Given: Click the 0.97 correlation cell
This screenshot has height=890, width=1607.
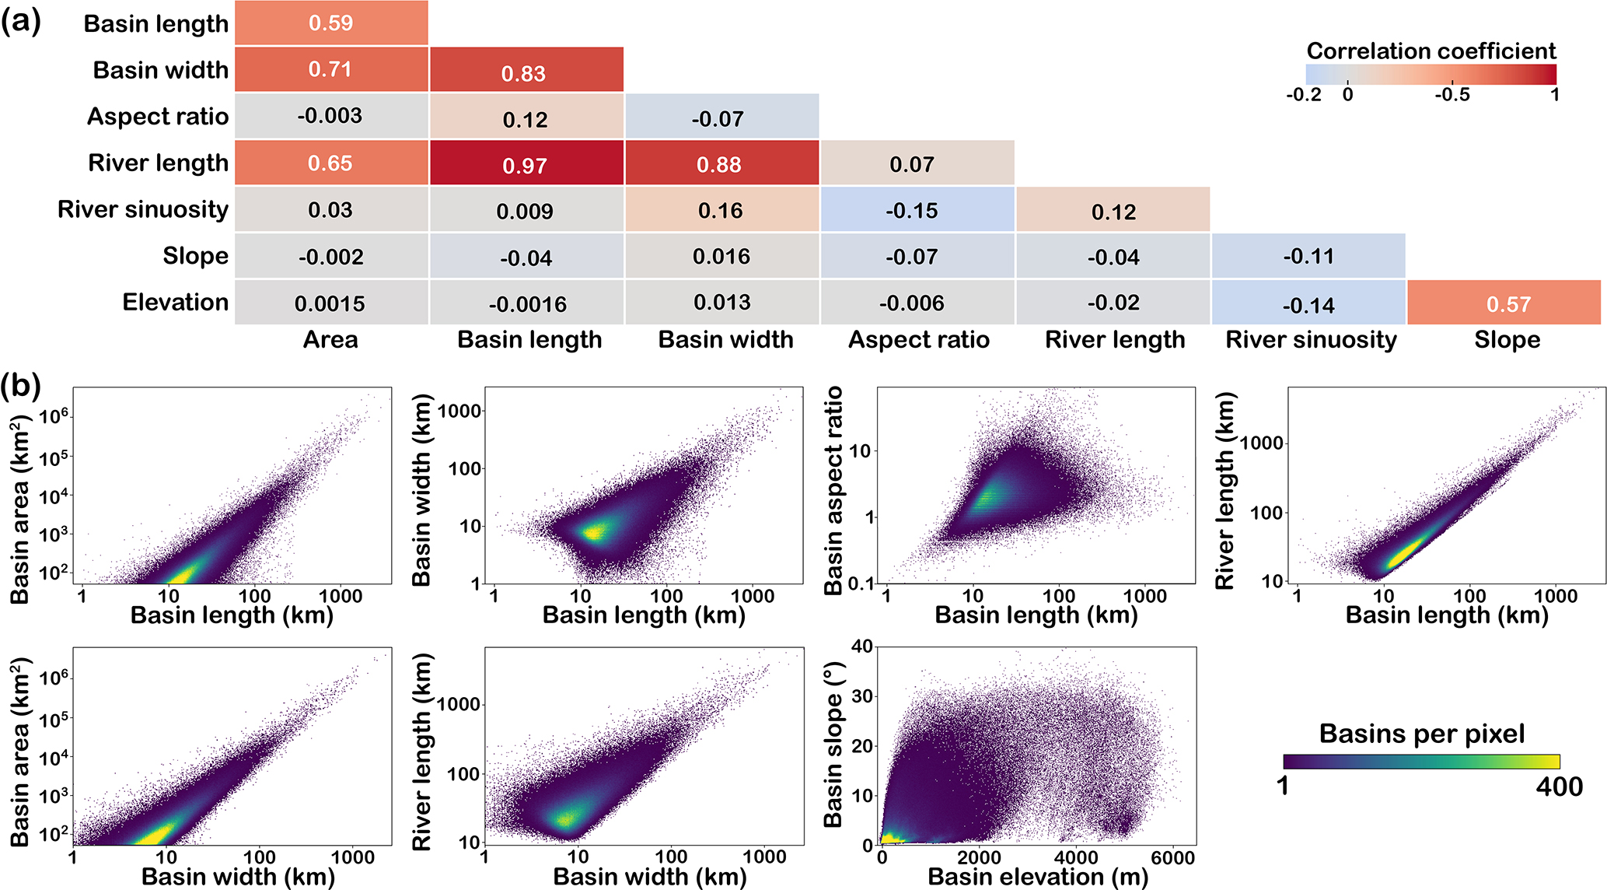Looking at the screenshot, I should pyautogui.click(x=526, y=164).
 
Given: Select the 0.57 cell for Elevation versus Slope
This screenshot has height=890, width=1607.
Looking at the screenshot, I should pyautogui.click(x=1507, y=303).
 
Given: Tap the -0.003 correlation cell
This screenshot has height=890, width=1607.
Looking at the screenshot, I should pyautogui.click(x=330, y=116).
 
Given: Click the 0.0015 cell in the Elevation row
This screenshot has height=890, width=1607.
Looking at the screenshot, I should pyautogui.click(x=330, y=303).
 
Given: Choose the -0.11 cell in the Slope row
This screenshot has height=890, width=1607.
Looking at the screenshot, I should pyautogui.click(x=1308, y=256).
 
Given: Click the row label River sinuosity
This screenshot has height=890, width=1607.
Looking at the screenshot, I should pyautogui.click(x=143, y=209).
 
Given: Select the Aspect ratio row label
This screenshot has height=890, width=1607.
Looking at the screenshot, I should pyautogui.click(x=158, y=117).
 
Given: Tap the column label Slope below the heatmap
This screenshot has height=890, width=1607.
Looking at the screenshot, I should pyautogui.click(x=1507, y=340).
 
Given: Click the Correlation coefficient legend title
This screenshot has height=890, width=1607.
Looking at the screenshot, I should pyautogui.click(x=1431, y=51).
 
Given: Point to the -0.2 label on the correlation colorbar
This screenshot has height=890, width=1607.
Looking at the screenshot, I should pyautogui.click(x=1303, y=95).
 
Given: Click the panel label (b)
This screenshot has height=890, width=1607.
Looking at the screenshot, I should pyautogui.click(x=21, y=385).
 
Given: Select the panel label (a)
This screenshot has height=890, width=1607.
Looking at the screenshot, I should pyautogui.click(x=21, y=21).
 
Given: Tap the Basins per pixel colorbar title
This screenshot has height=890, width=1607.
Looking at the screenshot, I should pyautogui.click(x=1421, y=734).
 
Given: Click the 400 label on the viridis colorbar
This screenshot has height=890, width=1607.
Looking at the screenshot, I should pyautogui.click(x=1559, y=787).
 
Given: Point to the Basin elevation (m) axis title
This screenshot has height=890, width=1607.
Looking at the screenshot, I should pyautogui.click(x=1038, y=877).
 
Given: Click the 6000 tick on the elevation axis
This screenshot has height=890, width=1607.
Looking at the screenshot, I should pyautogui.click(x=1172, y=857).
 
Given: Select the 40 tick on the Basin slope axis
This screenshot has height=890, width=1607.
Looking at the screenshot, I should pyautogui.click(x=862, y=646).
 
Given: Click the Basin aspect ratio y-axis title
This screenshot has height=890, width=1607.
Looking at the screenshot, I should pyautogui.click(x=834, y=490).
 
